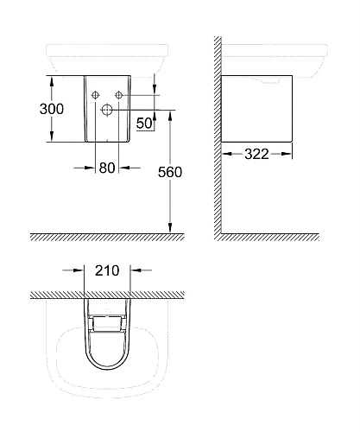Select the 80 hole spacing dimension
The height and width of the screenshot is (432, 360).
107,168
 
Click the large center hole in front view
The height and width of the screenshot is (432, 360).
106,110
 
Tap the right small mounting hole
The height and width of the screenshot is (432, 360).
119,93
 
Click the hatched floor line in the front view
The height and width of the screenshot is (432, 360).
104,238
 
